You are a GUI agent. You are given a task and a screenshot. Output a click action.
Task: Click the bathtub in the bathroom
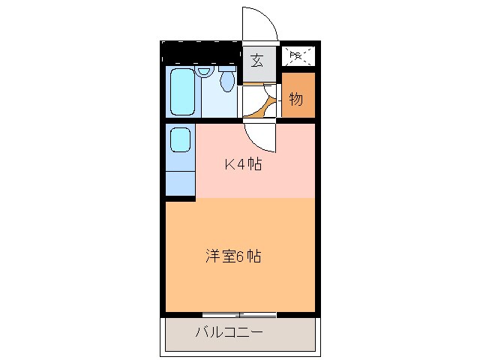click(x=182, y=92)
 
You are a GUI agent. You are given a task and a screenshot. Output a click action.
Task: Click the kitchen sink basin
click(x=180, y=139)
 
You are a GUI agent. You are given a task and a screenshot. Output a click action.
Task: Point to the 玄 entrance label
click(x=257, y=61)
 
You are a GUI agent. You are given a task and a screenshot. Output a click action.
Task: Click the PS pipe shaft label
click(x=296, y=55)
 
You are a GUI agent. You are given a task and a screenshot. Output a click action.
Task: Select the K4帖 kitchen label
click(x=244, y=165)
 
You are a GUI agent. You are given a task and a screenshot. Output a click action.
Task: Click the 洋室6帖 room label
click(x=233, y=256)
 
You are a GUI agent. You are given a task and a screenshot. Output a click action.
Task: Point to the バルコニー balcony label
click(x=230, y=331)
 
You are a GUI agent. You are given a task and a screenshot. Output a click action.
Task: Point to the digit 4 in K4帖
click(x=241, y=165)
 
